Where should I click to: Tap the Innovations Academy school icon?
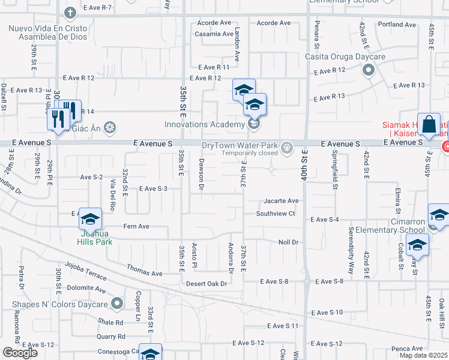(x=253, y=124)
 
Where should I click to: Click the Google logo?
(x=20, y=353)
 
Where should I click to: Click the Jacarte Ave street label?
(x=280, y=200)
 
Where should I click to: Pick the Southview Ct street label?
(x=276, y=214)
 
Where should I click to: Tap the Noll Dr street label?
(x=288, y=242)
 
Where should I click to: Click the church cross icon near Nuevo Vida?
(x=70, y=12)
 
